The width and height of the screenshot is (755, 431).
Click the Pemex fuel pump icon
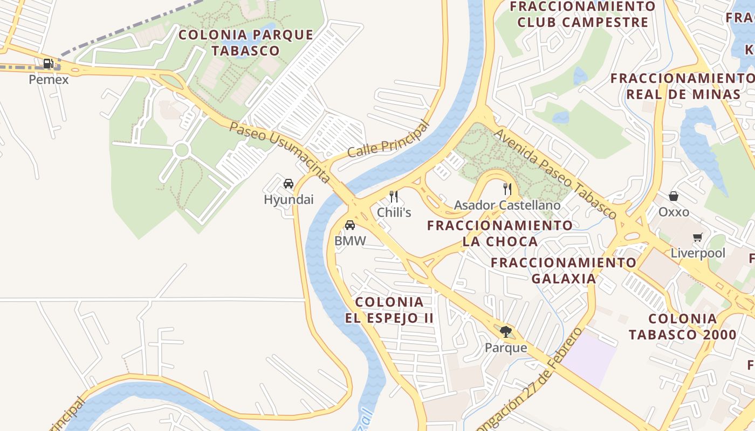tap(49, 64)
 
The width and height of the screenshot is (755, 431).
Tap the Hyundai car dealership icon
tap(289, 184)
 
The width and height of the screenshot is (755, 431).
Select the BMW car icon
tap(350, 225)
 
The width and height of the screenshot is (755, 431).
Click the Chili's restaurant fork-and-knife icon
tap(394, 197)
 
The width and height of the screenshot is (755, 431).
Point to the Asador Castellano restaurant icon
tap(507, 189)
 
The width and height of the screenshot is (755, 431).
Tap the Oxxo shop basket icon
tap(674, 196)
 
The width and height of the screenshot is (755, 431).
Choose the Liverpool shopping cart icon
tap(698, 237)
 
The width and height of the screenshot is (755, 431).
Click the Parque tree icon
tap(505, 332)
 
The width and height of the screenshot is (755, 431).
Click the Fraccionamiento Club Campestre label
tap(582, 15)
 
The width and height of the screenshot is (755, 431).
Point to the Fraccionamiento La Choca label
tap(500, 233)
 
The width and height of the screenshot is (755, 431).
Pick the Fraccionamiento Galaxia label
tap(564, 270)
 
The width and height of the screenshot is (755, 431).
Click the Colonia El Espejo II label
tap(389, 310)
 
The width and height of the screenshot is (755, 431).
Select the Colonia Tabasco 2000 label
tap(682, 326)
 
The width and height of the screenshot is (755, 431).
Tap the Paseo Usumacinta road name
tap(279, 152)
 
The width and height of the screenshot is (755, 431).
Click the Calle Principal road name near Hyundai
tap(388, 140)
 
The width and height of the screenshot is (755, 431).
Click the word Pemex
tap(49, 80)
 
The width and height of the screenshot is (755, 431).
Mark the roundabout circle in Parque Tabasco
tap(182, 150)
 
